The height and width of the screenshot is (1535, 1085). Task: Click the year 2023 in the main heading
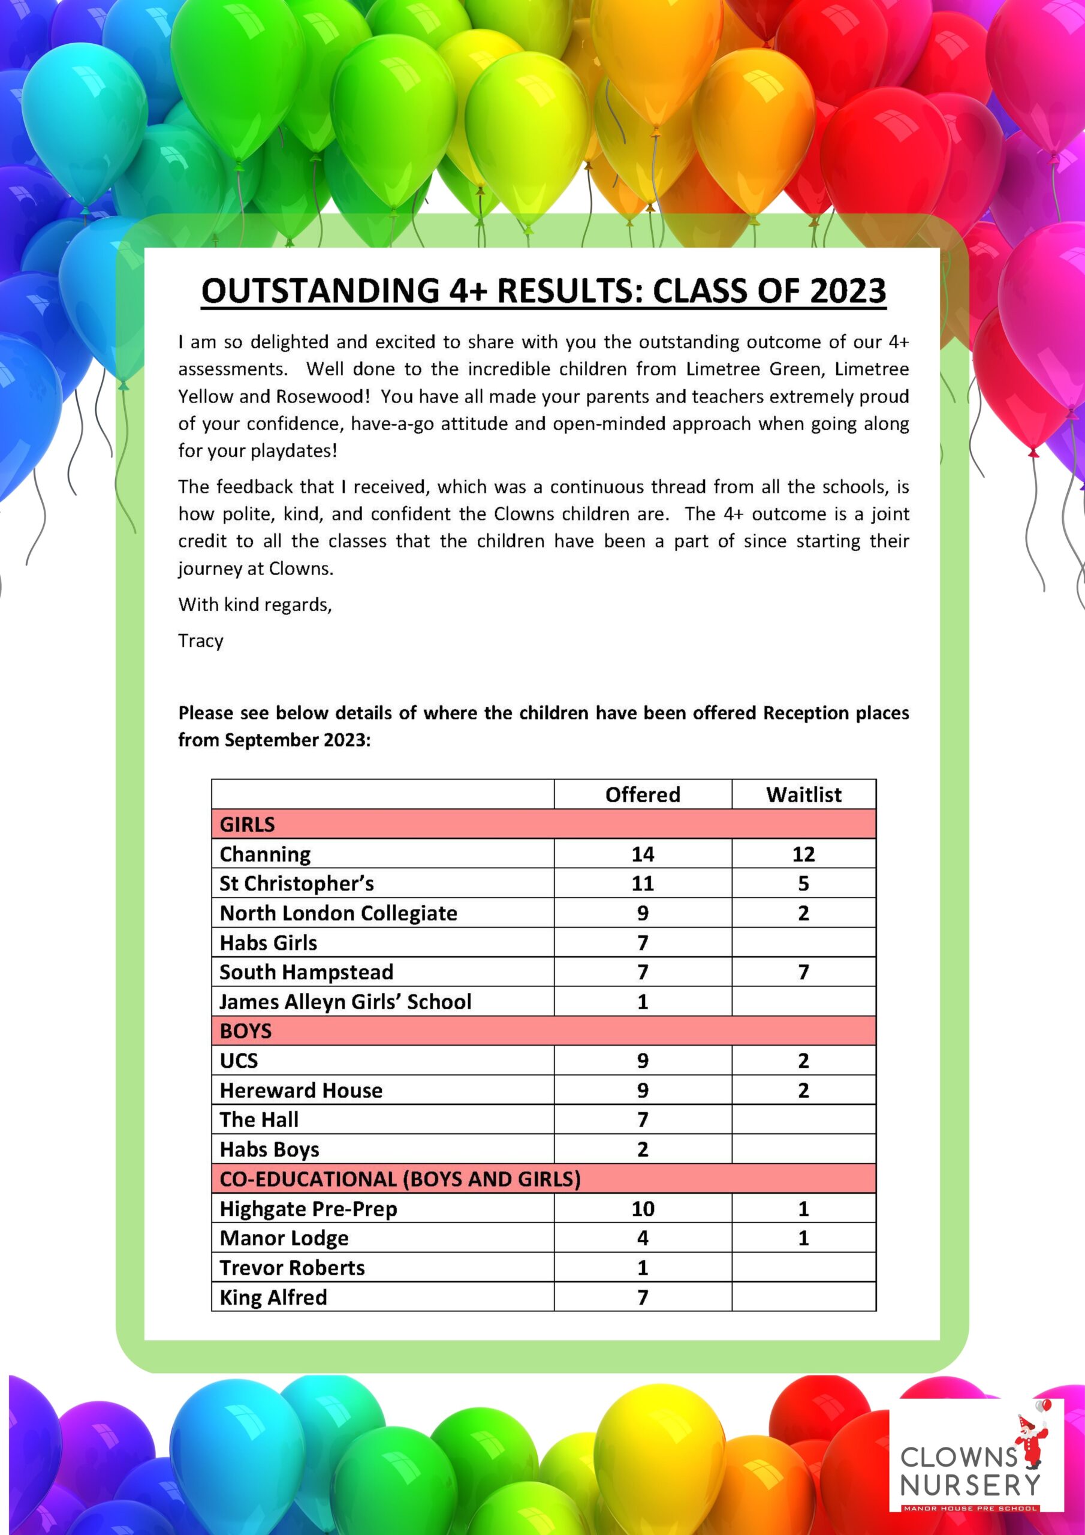point(847,291)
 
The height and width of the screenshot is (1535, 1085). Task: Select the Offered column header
point(643,794)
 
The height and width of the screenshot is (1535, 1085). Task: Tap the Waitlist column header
point(803,794)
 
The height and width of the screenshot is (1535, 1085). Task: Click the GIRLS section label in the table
point(247,824)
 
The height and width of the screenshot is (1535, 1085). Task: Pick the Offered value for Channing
point(643,854)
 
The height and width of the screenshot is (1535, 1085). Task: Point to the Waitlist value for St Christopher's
point(803,883)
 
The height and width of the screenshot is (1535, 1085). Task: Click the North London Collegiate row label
point(338,913)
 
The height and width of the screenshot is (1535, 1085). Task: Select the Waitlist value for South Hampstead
point(803,972)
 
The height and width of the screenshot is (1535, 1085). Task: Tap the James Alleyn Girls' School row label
point(346,1001)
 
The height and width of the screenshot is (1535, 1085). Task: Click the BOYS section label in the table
point(245,1031)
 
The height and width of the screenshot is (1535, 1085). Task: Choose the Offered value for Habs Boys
point(643,1149)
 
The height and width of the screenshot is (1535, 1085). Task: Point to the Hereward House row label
point(301,1091)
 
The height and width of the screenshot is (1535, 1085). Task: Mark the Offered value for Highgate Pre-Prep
point(643,1209)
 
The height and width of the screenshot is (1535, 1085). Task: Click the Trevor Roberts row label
point(292,1268)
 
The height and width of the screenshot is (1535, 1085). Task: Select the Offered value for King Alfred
point(643,1297)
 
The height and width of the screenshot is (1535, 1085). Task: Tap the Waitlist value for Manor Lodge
point(803,1238)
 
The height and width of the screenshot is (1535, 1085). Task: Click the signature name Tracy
point(201,640)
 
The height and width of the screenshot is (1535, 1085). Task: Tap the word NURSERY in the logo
point(970,1485)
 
